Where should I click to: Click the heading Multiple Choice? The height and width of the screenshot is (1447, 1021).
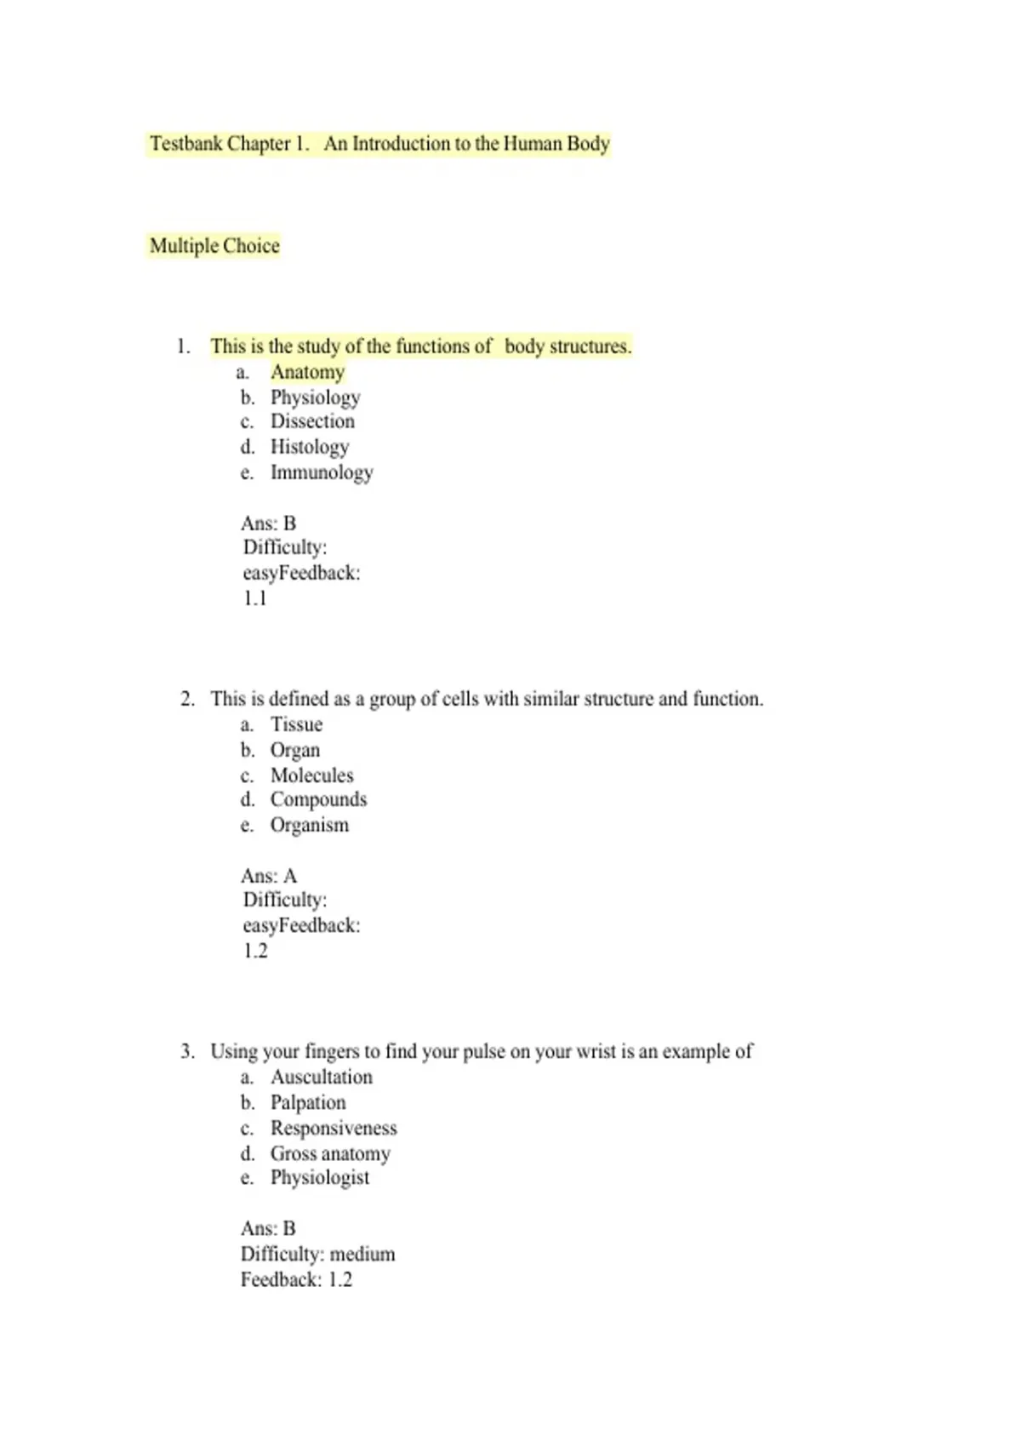tap(214, 246)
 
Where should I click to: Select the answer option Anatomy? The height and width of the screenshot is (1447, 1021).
tap(307, 372)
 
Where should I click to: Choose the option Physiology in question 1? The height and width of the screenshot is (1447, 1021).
tap(315, 397)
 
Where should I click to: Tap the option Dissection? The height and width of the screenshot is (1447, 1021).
tap(312, 421)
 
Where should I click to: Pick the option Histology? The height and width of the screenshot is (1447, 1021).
tap(309, 447)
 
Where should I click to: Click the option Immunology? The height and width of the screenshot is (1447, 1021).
tap(322, 472)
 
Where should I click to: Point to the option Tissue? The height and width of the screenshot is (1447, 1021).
tap(296, 724)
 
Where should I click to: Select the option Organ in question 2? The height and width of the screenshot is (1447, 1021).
tap(295, 750)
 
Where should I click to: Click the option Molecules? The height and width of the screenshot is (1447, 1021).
tap(311, 775)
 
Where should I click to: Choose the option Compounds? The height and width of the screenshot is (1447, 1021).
tap(318, 799)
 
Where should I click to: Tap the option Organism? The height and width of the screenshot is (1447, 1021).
tap(309, 825)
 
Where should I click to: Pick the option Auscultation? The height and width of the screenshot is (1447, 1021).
tap(321, 1077)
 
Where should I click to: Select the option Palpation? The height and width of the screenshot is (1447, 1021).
tap(308, 1102)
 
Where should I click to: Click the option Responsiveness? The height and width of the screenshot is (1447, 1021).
tap(334, 1128)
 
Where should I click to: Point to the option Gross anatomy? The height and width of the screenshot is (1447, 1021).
tap(330, 1153)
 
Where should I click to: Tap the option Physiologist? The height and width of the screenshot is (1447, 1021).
tap(320, 1177)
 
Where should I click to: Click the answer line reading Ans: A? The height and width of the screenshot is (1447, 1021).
tap(269, 876)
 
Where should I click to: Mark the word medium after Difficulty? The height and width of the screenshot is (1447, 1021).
tap(362, 1254)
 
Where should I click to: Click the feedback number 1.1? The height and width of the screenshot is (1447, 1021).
tap(254, 598)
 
